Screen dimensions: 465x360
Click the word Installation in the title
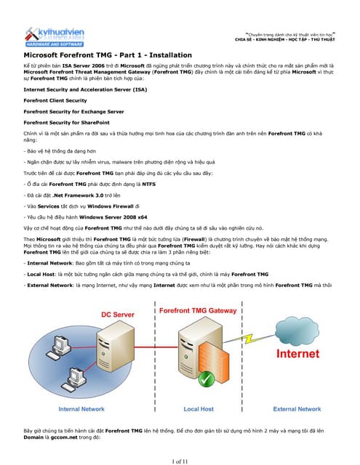163,55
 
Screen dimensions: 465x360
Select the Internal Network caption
81,408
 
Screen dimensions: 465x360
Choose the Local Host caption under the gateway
199,408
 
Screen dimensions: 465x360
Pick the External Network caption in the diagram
297,408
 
